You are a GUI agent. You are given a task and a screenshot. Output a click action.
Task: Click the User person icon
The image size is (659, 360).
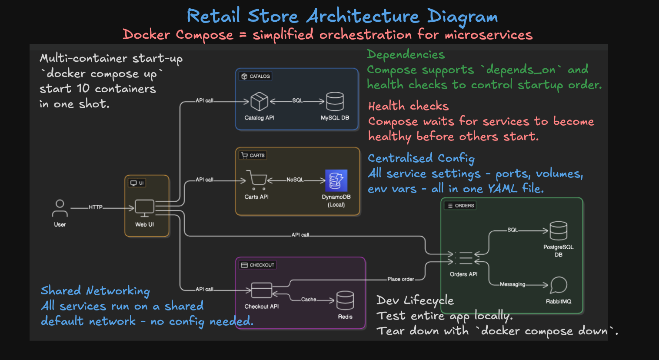click(x=60, y=208)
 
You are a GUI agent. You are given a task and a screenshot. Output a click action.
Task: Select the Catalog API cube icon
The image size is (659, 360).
click(x=259, y=101)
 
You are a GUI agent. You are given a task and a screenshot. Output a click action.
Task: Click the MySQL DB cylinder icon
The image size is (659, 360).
click(x=335, y=101)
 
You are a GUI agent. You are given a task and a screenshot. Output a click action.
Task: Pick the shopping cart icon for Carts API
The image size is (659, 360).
click(x=256, y=180)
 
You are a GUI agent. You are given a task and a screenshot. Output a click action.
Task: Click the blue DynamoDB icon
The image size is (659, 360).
click(x=336, y=180)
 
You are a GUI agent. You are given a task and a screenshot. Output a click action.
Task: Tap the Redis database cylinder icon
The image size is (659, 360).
click(x=345, y=300)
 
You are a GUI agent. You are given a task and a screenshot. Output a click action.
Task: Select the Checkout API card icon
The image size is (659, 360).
click(x=261, y=290)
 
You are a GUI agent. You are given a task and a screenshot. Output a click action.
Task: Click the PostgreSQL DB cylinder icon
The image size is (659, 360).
click(x=558, y=230)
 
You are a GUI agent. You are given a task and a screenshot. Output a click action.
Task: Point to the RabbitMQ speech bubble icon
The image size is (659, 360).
click(x=558, y=285)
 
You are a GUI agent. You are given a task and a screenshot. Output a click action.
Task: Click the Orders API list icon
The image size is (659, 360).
click(x=464, y=258)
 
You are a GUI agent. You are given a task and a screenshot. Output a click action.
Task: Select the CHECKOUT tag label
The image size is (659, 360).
click(x=258, y=265)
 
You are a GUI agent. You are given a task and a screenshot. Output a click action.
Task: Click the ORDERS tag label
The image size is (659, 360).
click(x=460, y=206)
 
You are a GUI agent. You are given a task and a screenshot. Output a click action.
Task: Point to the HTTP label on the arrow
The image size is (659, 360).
click(x=96, y=207)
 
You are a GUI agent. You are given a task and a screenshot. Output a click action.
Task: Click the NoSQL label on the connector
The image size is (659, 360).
click(x=295, y=180)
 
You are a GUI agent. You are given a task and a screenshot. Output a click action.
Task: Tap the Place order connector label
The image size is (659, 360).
click(x=400, y=279)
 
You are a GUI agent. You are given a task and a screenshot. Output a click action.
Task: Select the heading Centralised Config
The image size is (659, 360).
click(x=421, y=158)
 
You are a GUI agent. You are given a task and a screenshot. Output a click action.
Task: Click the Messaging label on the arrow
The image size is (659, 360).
click(x=513, y=284)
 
